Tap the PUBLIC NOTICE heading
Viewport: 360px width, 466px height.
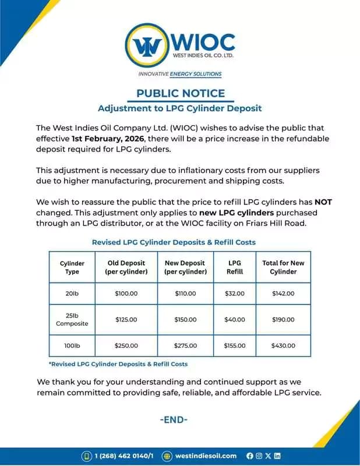pyautogui.click(x=180, y=93)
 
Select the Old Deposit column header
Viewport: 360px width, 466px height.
pyautogui.click(x=126, y=267)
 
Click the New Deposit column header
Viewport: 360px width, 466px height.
pyautogui.click(x=185, y=267)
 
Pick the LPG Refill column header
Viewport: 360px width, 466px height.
pyautogui.click(x=234, y=267)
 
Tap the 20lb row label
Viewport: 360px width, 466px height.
pyautogui.click(x=72, y=294)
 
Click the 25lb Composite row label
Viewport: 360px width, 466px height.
pyautogui.click(x=72, y=319)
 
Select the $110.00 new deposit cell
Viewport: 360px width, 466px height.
pyautogui.click(x=185, y=294)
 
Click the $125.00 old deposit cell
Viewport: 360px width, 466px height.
pyautogui.click(x=126, y=320)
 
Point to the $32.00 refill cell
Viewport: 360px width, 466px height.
pyautogui.click(x=234, y=294)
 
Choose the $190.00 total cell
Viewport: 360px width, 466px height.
pyautogui.click(x=283, y=320)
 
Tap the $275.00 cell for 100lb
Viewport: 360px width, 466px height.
pyautogui.click(x=185, y=345)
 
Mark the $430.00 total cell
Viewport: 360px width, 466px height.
pyautogui.click(x=283, y=345)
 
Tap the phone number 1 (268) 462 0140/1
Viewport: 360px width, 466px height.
pyautogui.click(x=123, y=456)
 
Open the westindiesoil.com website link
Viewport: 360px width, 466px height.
pyautogui.click(x=206, y=456)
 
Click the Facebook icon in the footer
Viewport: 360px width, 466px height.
pyautogui.click(x=250, y=456)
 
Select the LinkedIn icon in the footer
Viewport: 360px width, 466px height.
pyautogui.click(x=277, y=456)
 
